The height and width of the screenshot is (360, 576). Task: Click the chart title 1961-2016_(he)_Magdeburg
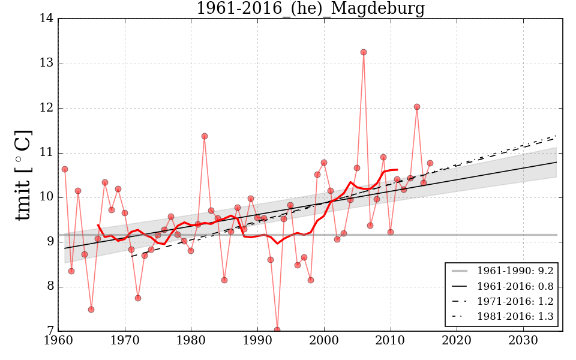(x=310, y=9)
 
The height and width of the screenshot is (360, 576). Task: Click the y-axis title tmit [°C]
(x=23, y=175)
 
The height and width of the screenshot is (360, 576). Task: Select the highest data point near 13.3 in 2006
(x=364, y=52)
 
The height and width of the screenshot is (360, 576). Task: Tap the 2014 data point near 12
(x=417, y=107)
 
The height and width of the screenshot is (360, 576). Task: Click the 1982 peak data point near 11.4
(x=205, y=136)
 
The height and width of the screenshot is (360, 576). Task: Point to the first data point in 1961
(x=65, y=169)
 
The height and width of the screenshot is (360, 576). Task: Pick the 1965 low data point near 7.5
(x=91, y=310)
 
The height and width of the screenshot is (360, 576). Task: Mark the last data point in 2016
(x=430, y=163)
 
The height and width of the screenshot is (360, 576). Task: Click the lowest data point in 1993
(x=277, y=329)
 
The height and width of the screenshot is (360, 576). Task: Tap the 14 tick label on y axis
(x=47, y=19)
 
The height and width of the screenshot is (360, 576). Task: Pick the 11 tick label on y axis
(x=47, y=153)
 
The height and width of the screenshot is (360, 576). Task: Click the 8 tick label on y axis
(x=50, y=287)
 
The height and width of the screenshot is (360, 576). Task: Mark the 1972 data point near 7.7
(x=138, y=298)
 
